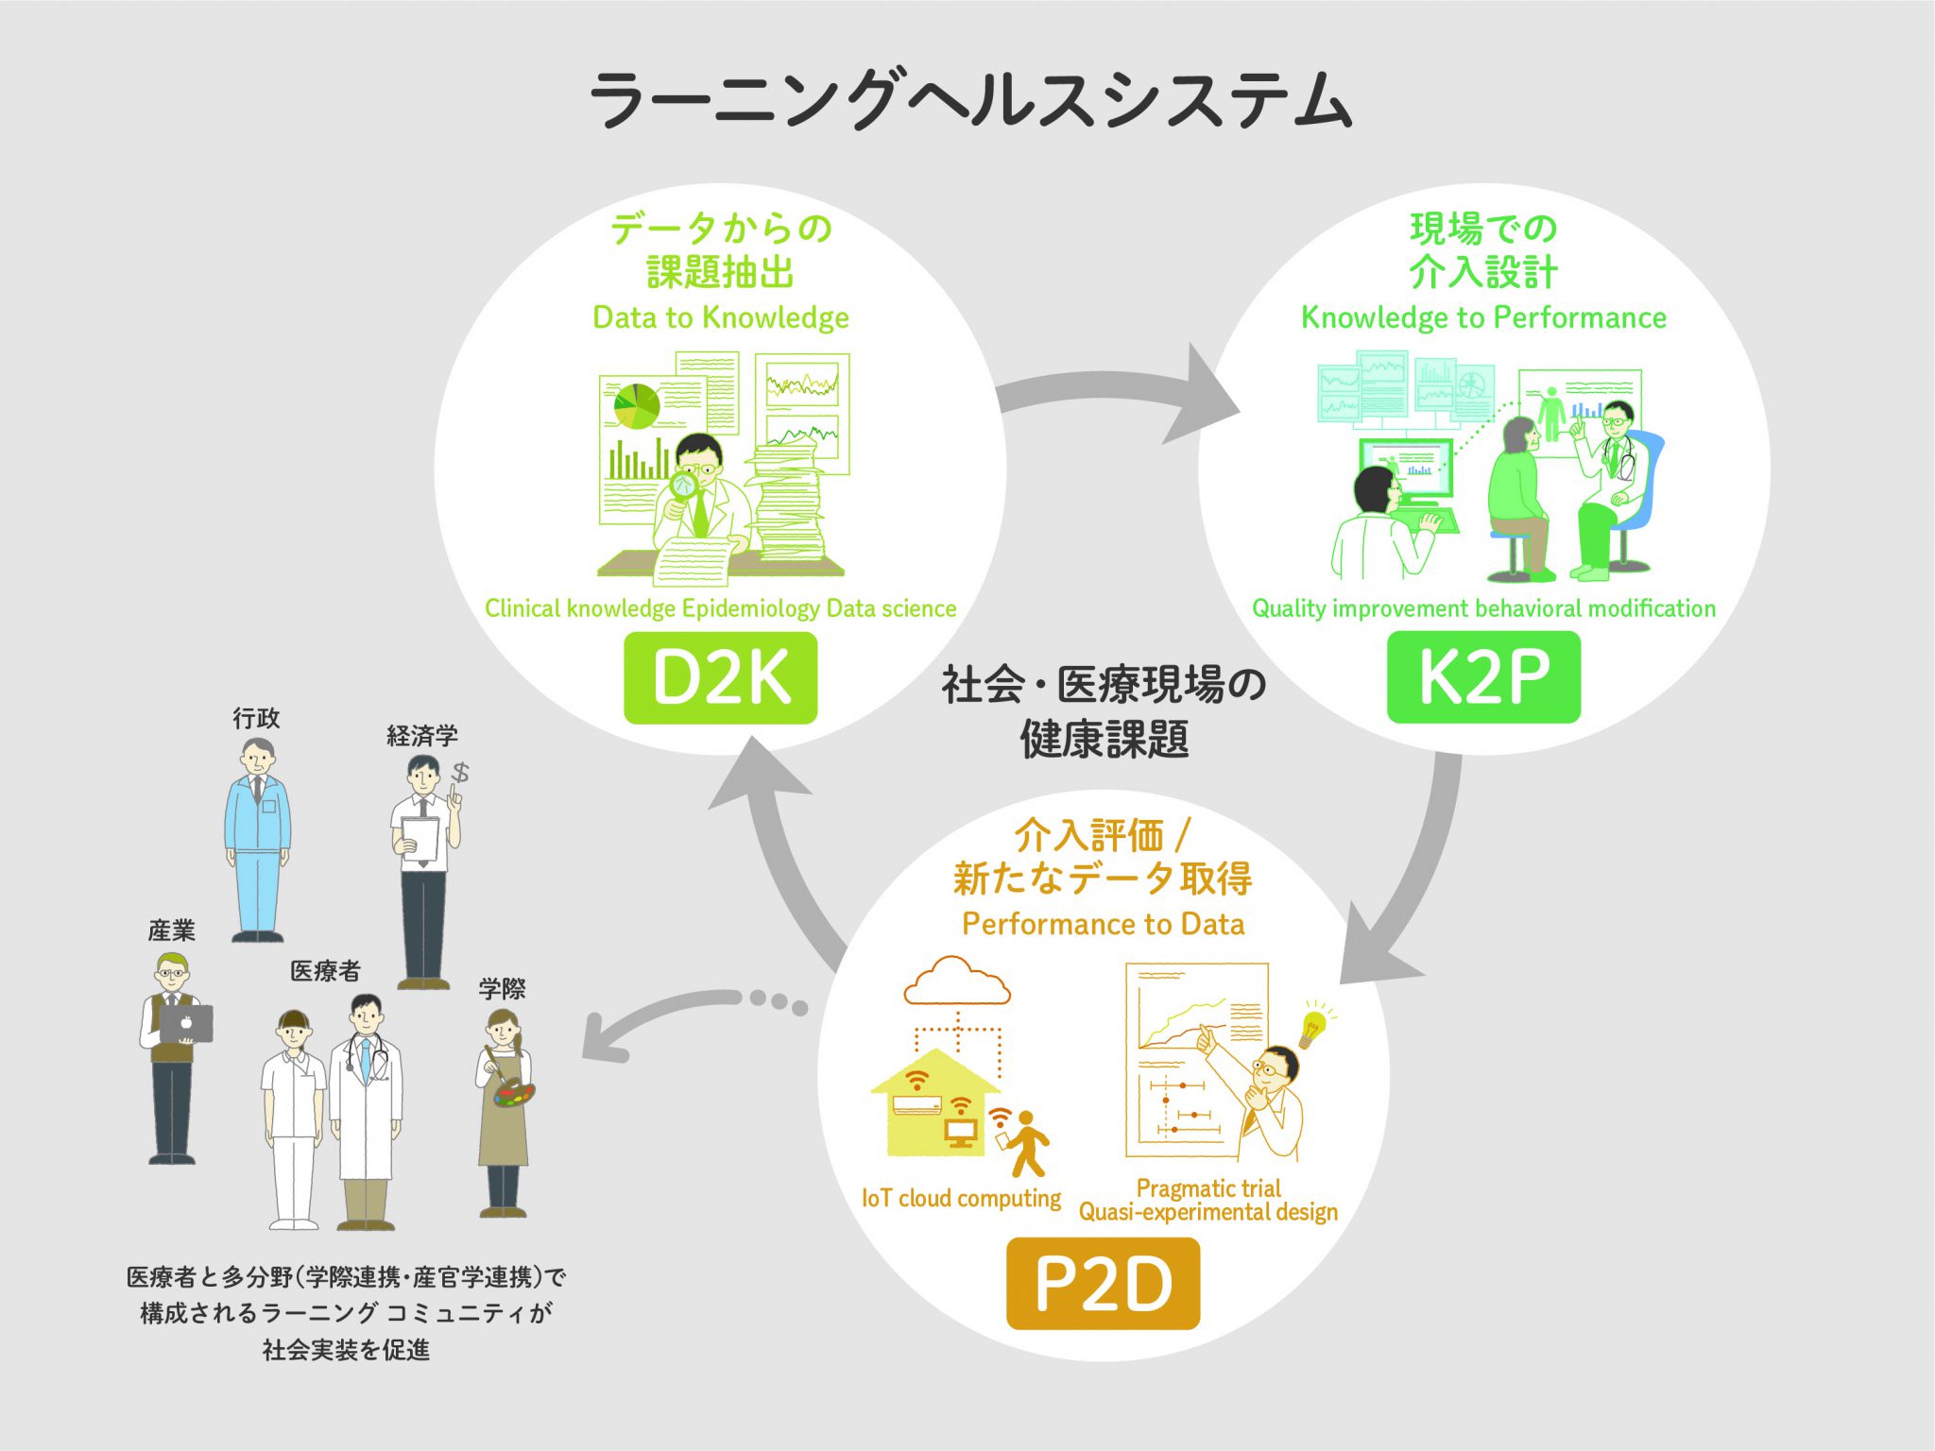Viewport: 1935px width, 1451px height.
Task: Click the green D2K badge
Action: click(720, 677)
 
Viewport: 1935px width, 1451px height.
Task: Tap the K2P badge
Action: click(1483, 677)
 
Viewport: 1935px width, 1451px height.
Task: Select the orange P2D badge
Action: click(1103, 1283)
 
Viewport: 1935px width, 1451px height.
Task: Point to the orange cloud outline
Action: click(956, 982)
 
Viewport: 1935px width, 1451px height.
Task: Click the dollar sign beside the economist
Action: click(460, 773)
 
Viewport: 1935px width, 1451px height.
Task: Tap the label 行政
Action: click(256, 719)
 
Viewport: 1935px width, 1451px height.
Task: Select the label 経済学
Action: click(422, 736)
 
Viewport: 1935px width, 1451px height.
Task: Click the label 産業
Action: click(172, 930)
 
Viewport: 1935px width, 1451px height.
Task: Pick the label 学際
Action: click(502, 989)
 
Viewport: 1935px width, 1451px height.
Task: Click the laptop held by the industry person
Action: click(186, 1023)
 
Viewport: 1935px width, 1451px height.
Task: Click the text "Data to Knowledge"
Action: click(720, 317)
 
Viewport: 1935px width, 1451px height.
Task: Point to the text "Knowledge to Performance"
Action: click(1483, 317)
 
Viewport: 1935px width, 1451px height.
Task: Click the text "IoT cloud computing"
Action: click(961, 1198)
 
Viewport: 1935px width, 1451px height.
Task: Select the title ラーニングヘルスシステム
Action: click(970, 99)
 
